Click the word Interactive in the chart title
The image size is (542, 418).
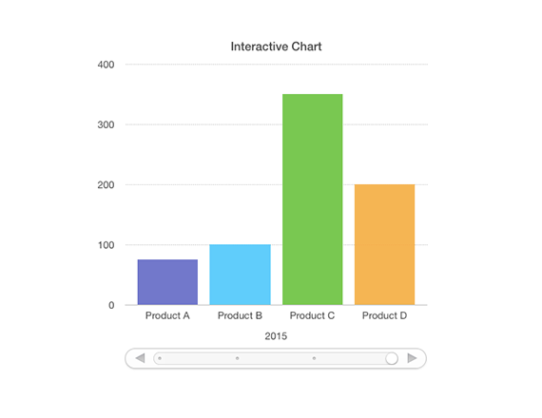(260, 47)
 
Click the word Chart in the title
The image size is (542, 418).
(306, 47)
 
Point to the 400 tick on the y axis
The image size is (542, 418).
(106, 65)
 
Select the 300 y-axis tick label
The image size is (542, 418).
(106, 124)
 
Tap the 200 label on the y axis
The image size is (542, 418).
(106, 185)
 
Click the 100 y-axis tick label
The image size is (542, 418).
(106, 245)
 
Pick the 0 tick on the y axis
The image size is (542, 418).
(111, 305)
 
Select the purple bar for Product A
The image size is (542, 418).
(167, 282)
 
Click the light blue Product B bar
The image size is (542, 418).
(240, 275)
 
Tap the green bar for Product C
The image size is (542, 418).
(313, 199)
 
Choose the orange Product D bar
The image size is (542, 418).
(385, 244)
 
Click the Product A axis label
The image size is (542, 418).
(167, 315)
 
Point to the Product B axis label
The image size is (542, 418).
(240, 315)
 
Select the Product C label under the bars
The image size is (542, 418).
(312, 315)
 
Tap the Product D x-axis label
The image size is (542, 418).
(384, 315)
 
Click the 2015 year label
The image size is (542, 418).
(276, 336)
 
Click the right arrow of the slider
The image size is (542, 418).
(412, 358)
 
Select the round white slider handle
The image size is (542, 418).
(392, 358)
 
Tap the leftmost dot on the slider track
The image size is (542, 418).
(160, 358)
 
